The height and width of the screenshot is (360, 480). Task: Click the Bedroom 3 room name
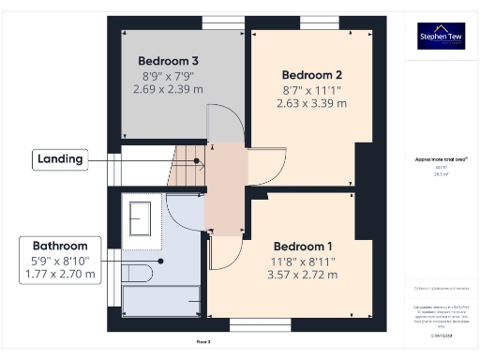click(169, 60)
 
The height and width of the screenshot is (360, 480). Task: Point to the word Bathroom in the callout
click(60, 246)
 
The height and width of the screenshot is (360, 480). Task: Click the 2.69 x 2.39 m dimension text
click(169, 88)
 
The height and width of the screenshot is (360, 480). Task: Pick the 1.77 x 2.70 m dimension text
click(60, 274)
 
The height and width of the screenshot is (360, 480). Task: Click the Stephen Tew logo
click(440, 37)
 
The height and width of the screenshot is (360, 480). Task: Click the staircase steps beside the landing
click(186, 170)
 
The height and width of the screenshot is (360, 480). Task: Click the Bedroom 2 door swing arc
click(263, 165)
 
